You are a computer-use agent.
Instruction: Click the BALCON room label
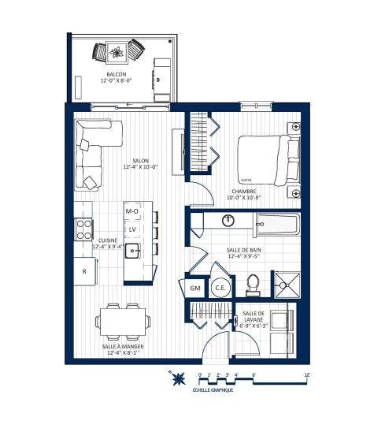coord(117,74)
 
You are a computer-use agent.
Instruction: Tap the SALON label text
coord(140,160)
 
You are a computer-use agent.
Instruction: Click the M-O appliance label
coord(132,212)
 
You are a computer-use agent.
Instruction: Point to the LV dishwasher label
coord(133,230)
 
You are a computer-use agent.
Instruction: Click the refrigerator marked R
coord(84,272)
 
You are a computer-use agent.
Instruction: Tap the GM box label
coord(195,289)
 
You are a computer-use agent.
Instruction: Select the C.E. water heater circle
coord(220,289)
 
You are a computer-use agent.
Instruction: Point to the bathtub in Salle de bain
coord(268,225)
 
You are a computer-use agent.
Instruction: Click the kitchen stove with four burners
coord(83,229)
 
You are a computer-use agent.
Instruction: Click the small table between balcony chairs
coord(118,54)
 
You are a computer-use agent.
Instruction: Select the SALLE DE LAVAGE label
coord(255,318)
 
